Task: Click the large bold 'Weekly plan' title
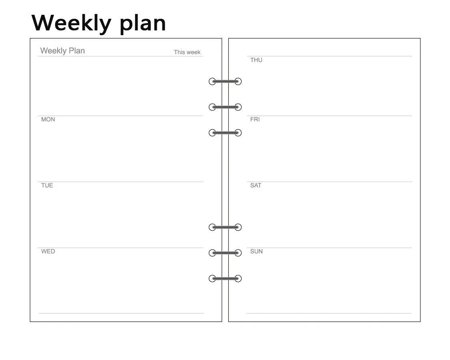(x=99, y=24)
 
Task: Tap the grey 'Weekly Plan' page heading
(x=62, y=51)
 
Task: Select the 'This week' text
(x=187, y=52)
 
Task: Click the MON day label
(x=48, y=120)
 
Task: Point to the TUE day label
(x=47, y=186)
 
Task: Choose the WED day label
(x=48, y=252)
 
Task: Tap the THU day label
(x=256, y=60)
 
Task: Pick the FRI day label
(x=255, y=120)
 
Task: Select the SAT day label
(x=256, y=186)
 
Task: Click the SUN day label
(x=256, y=252)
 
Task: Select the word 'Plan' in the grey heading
(x=77, y=51)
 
